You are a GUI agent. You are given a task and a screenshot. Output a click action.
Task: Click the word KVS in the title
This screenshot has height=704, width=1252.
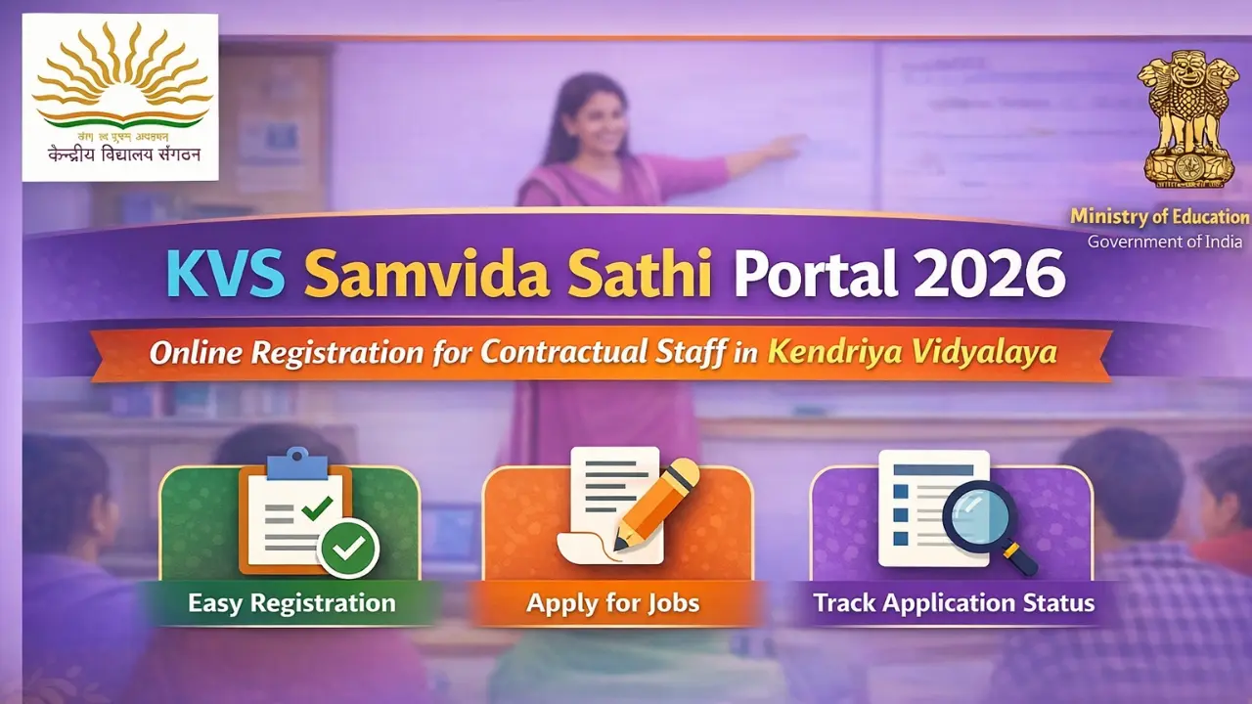pyautogui.click(x=226, y=274)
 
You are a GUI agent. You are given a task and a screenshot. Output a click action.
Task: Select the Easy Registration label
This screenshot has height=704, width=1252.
pyautogui.click(x=291, y=602)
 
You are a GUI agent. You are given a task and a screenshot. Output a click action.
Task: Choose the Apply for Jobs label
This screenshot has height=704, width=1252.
pyautogui.click(x=613, y=602)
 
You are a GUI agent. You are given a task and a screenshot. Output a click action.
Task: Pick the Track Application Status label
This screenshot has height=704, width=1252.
pyautogui.click(x=954, y=602)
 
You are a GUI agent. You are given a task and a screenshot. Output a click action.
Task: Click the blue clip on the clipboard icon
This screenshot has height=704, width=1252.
pyautogui.click(x=296, y=462)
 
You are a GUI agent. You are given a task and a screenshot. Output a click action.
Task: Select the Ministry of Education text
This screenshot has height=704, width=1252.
pyautogui.click(x=1159, y=217)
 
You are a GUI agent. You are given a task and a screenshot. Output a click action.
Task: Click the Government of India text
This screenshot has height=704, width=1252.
pyautogui.click(x=1165, y=242)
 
